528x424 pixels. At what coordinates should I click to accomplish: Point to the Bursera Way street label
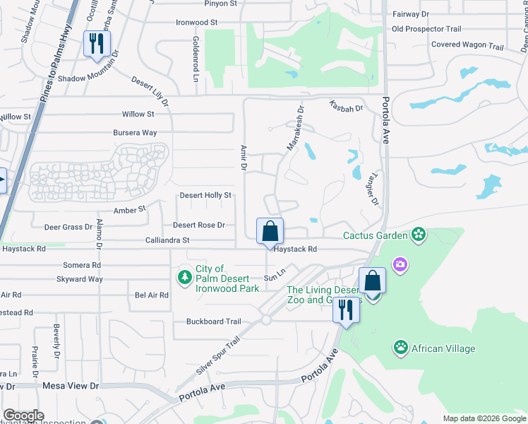click(x=135, y=133)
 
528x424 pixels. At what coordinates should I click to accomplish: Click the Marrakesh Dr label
click(x=294, y=128)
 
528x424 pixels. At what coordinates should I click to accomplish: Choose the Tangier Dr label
click(x=373, y=187)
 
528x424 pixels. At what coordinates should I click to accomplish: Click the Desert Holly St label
click(x=205, y=195)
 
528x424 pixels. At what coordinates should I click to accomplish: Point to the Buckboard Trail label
click(x=214, y=322)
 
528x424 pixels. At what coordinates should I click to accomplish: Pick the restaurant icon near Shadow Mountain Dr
click(x=93, y=43)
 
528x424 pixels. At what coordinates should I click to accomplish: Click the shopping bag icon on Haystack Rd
click(x=270, y=230)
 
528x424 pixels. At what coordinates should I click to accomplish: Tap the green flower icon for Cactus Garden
click(x=419, y=235)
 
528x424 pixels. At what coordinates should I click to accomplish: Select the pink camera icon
click(x=400, y=264)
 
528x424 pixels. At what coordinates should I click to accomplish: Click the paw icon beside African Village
click(x=401, y=348)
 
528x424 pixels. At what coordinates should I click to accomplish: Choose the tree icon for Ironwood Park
click(x=184, y=276)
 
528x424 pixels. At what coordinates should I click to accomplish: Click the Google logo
click(x=23, y=416)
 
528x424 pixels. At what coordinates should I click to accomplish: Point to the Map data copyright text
click(x=484, y=418)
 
